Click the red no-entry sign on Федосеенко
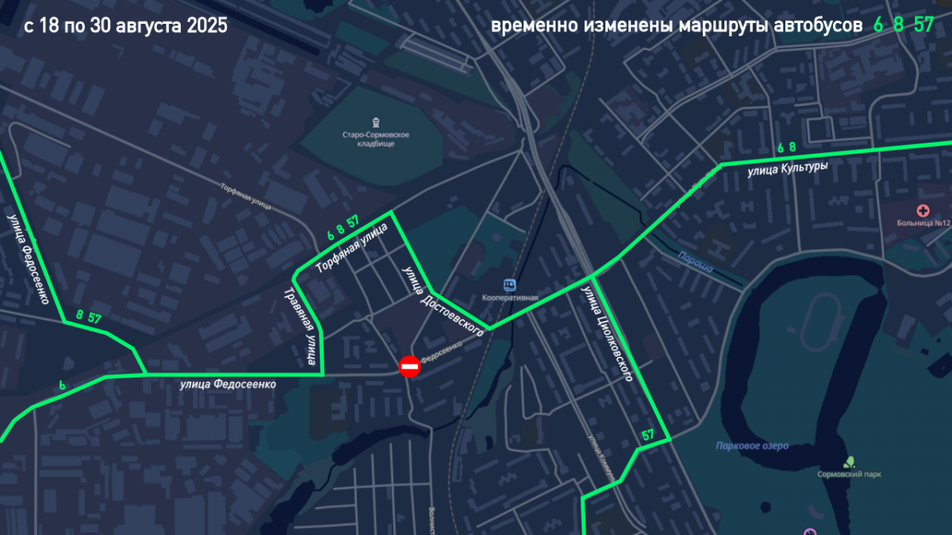click(x=409, y=366)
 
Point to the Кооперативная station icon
click(x=509, y=284)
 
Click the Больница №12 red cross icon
click(x=923, y=211)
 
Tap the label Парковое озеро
click(x=751, y=446)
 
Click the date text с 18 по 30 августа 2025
click(x=125, y=26)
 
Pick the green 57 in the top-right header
click(x=923, y=25)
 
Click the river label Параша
click(x=695, y=262)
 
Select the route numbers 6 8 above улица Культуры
click(x=786, y=147)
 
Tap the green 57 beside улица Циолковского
click(x=648, y=434)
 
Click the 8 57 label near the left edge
click(x=88, y=316)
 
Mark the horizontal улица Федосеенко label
click(x=228, y=384)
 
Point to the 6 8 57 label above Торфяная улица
click(x=343, y=227)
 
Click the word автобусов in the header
click(x=822, y=26)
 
